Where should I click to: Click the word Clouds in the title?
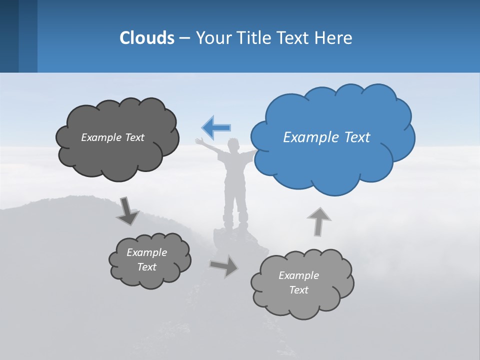coord(147,37)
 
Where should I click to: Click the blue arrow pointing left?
coord(216,127)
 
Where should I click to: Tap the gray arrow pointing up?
coord(318,221)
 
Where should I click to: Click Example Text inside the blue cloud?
coord(326,137)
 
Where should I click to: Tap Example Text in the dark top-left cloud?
coord(112,137)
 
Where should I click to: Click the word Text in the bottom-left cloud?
coord(146,267)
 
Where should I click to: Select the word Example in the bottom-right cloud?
coord(298,275)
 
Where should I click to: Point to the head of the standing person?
coord(233,145)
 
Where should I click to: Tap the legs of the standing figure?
coord(235,205)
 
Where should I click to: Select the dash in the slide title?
coord(184,38)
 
